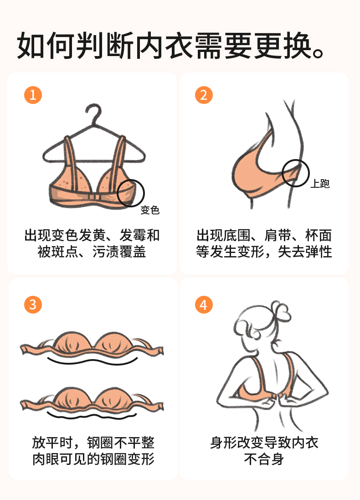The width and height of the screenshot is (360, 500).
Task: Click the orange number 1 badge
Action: (x=33, y=95)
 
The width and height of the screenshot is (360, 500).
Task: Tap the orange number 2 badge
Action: (x=204, y=95)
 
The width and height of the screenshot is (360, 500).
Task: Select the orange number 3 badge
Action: (x=33, y=304)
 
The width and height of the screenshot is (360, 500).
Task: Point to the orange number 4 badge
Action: (x=204, y=304)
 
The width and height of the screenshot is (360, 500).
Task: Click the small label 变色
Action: (x=150, y=210)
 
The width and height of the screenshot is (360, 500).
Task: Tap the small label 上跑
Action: (x=320, y=183)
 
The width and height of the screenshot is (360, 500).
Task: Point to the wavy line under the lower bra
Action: (x=93, y=416)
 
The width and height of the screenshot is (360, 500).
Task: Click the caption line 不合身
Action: (x=264, y=459)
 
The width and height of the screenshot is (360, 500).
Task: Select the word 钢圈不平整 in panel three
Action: (x=120, y=443)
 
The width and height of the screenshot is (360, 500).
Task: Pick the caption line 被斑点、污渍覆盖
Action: (x=92, y=252)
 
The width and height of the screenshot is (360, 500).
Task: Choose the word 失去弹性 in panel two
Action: (x=305, y=252)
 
